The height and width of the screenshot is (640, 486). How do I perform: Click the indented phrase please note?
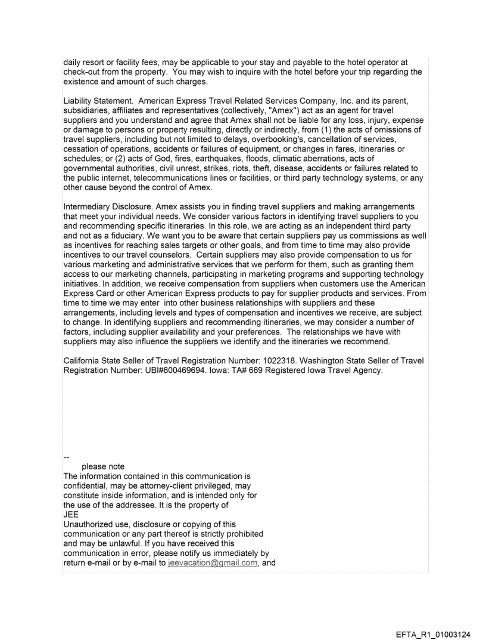(x=103, y=466)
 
